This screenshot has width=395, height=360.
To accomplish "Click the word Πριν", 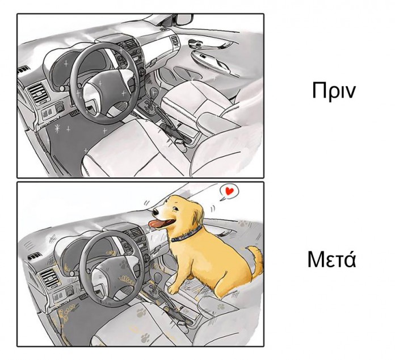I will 333,90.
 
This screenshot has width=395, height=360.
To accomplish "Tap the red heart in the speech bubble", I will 229,191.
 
